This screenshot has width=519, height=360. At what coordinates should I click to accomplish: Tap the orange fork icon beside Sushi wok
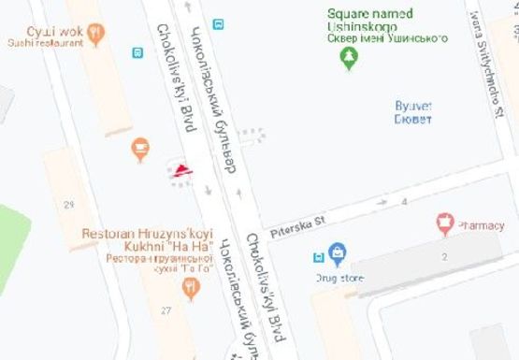[96, 35]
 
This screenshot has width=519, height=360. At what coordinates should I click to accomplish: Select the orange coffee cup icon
[139, 147]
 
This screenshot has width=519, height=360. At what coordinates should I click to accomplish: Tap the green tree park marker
[349, 59]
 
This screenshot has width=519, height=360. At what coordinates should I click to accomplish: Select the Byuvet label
[412, 111]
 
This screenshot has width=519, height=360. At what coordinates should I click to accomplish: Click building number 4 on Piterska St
[405, 202]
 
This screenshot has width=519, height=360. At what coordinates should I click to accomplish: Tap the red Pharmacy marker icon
[445, 223]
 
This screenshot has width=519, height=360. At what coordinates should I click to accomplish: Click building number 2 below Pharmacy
[445, 255]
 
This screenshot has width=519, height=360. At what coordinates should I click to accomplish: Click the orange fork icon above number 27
[192, 287]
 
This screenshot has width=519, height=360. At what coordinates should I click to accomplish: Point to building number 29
[68, 205]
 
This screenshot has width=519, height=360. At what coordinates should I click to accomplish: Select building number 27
[166, 310]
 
